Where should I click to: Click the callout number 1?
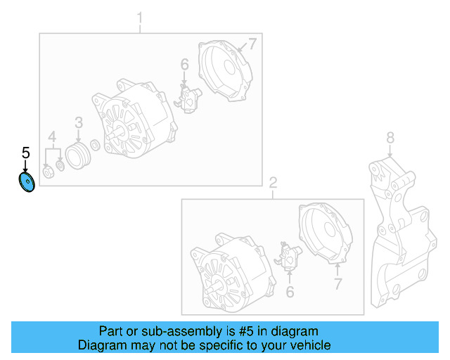coord(139,17)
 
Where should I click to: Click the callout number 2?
coord(273,183)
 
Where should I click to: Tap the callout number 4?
coord(51,136)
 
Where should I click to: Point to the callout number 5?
coord(26,153)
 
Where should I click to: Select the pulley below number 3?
coord(77,155)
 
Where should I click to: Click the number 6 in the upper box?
coord(185,65)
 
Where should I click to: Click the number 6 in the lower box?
coord(290,291)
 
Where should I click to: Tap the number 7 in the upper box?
coord(252,45)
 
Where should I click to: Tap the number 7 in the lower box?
coord(337,284)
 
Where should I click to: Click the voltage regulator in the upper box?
coord(188,98)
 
